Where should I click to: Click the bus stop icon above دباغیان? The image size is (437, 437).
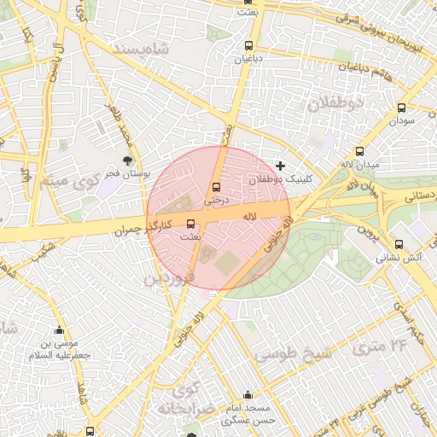(x=248, y=45)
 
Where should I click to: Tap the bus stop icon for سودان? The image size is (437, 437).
(x=401, y=108)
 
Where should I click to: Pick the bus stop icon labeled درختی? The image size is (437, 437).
(x=216, y=188)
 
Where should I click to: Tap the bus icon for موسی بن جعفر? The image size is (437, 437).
(x=59, y=330)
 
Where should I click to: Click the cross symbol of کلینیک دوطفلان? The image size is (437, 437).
(x=280, y=165)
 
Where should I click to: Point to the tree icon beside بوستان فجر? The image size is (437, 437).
(x=128, y=160)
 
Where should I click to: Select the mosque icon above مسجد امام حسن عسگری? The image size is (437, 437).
(x=248, y=395)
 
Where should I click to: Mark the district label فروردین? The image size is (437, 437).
(x=168, y=279)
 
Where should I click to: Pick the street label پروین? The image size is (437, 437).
(x=366, y=231)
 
